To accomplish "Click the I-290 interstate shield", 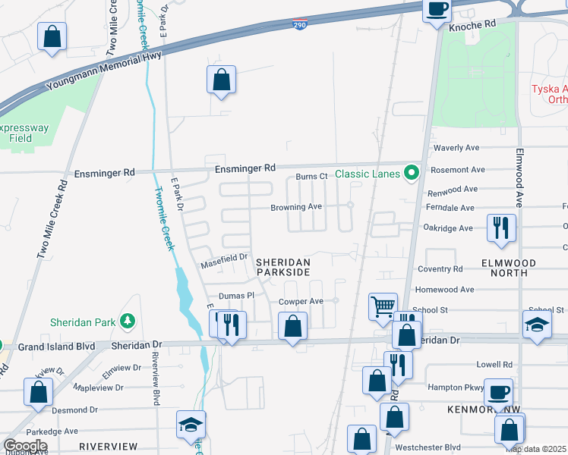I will click(300, 25).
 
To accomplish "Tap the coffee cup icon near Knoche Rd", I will click(437, 10).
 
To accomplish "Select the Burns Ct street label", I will click(311, 177).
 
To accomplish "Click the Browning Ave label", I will click(296, 207).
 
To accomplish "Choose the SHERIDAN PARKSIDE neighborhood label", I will click(283, 266).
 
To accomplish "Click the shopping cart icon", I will click(383, 306).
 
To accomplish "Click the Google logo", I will click(25, 445).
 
